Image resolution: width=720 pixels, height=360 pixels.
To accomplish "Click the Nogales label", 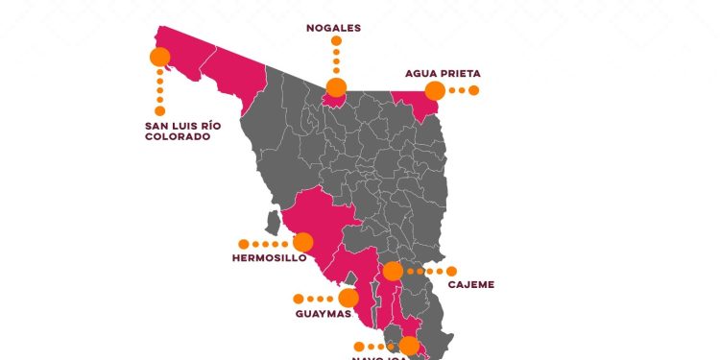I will pyautogui.click(x=333, y=28).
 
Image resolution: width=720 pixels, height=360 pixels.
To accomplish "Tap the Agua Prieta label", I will pyautogui.click(x=443, y=73).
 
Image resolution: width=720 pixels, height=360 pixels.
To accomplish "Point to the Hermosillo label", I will pyautogui.click(x=269, y=257).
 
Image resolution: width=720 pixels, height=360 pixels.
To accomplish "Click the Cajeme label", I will pyautogui.click(x=470, y=284).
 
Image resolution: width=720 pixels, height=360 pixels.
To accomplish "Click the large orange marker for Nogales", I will pyautogui.click(x=336, y=88).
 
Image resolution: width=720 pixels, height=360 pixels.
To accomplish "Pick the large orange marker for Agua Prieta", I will pyautogui.click(x=435, y=91).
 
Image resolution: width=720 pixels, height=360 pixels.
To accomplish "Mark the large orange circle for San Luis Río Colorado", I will pyautogui.click(x=160, y=57).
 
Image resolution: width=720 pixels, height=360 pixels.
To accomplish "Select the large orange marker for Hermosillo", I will pyautogui.click(x=303, y=243).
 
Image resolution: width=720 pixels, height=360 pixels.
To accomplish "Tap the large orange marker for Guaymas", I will pyautogui.click(x=348, y=298).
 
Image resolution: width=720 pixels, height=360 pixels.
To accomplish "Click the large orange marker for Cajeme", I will pyautogui.click(x=393, y=272).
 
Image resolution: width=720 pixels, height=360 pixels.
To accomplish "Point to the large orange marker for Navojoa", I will pyautogui.click(x=410, y=346).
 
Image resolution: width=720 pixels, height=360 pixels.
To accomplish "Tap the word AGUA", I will pyautogui.click(x=421, y=73).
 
